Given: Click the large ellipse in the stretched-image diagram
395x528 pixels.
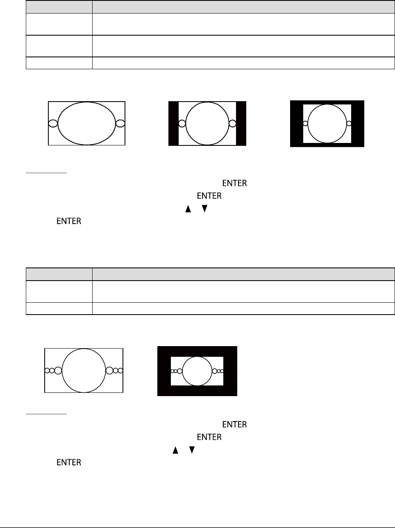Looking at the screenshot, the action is pyautogui.click(x=58, y=123).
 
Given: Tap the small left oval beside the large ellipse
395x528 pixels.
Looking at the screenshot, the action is pyautogui.click(x=49, y=123).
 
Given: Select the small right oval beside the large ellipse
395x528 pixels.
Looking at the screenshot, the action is pyautogui.click(x=125, y=123).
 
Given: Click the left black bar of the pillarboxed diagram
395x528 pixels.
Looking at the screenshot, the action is pyautogui.click(x=173, y=123).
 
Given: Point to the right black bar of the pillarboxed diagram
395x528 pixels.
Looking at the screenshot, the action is pyautogui.click(x=241, y=123).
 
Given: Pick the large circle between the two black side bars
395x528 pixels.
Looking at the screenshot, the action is pyautogui.click(x=186, y=123).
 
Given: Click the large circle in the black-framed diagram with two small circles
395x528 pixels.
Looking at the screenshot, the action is pyautogui.click(x=308, y=124).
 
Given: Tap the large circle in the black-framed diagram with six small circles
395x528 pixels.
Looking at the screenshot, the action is pyautogui.click(x=182, y=371).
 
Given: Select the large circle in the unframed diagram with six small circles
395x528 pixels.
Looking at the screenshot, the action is pyautogui.click(x=62, y=370).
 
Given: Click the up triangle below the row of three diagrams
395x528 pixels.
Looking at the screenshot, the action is pyautogui.click(x=188, y=209).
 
